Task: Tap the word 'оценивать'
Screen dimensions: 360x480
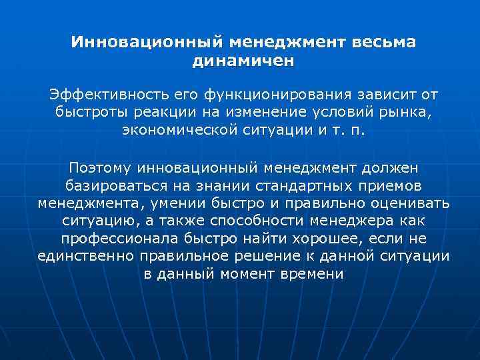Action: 411,203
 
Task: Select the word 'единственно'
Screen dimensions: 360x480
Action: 79,255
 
